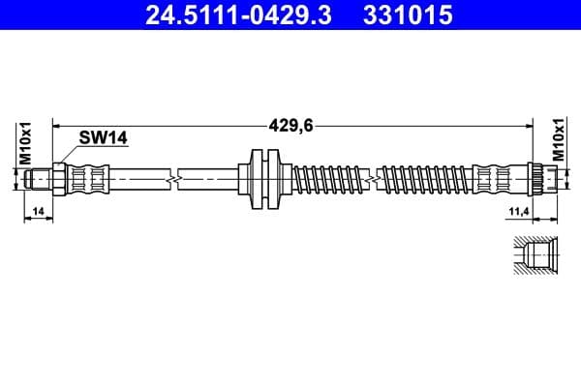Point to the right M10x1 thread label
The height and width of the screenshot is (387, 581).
click(557, 141)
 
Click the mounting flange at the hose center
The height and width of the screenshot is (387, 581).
click(264, 178)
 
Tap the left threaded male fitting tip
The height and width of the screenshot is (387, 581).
click(39, 179)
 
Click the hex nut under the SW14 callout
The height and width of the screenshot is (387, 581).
click(58, 179)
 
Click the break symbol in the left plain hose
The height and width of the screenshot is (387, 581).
click(172, 179)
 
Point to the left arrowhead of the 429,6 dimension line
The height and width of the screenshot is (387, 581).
click(56, 125)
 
